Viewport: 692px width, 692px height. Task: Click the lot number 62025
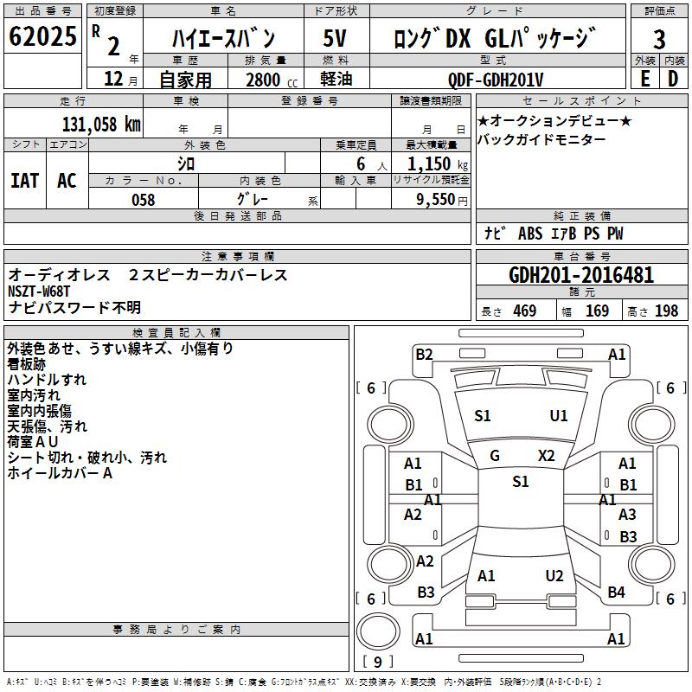point(42,36)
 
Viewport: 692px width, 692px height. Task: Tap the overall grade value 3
point(659,40)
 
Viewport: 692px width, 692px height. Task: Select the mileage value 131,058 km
point(101,125)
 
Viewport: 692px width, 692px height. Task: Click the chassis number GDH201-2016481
point(581,275)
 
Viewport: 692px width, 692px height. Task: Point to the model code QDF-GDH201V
point(495,80)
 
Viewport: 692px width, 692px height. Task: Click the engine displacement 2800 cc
point(272,80)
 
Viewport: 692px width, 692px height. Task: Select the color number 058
point(144,200)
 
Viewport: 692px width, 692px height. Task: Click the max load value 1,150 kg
point(438,164)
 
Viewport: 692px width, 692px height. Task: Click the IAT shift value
point(25,181)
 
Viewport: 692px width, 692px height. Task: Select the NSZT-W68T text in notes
point(39,292)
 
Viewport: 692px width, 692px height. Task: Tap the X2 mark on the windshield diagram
point(547,456)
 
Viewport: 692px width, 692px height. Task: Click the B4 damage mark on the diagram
point(617,593)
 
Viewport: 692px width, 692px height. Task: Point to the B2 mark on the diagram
point(424,355)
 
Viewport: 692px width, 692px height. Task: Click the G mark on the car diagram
point(495,456)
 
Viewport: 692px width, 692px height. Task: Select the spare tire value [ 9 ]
point(378,662)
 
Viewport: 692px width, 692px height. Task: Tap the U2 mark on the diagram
point(554,576)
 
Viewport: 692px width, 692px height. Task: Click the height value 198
point(666,311)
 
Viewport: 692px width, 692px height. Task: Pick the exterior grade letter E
point(644,79)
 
